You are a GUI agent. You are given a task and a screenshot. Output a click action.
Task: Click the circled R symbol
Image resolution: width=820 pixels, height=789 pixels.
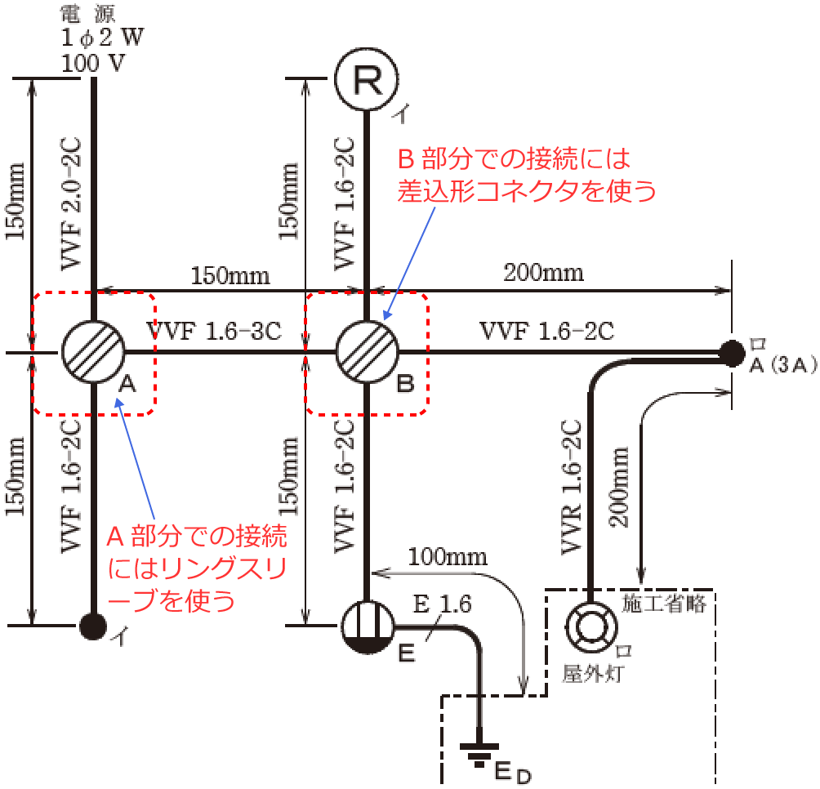[367, 79]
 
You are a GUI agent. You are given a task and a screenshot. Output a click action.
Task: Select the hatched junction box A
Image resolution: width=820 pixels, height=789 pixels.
[93, 352]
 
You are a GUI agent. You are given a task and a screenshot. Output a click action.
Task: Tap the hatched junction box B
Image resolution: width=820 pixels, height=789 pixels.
[367, 352]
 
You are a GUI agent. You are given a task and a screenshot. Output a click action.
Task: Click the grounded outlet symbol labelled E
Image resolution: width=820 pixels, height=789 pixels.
[367, 626]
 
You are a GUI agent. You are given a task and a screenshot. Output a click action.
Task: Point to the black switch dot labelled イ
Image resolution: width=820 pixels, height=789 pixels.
[93, 626]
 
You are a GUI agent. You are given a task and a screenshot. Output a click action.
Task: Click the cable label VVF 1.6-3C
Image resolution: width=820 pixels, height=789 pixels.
[215, 331]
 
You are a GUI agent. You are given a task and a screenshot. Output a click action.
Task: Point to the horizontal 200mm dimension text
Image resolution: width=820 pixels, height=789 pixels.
[544, 272]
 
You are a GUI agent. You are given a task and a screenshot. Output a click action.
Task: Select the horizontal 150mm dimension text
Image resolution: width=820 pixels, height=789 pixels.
[230, 274]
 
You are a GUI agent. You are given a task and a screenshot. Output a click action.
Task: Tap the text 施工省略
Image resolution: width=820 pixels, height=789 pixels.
[669, 604]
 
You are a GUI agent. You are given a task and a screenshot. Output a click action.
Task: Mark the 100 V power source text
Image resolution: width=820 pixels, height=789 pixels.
[93, 62]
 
